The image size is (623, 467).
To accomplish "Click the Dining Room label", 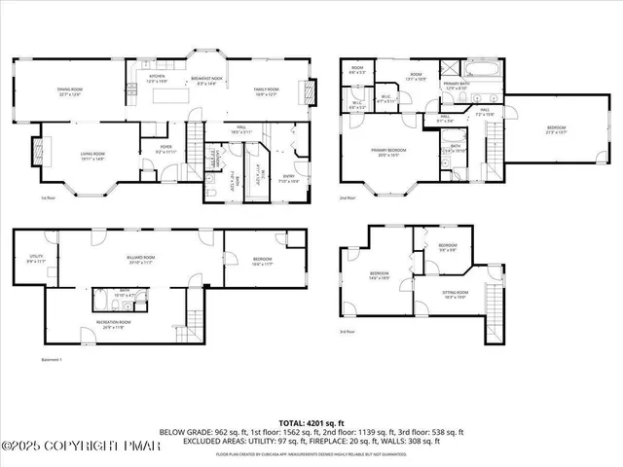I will (x=67, y=91).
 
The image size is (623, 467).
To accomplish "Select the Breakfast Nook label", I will (x=206, y=81).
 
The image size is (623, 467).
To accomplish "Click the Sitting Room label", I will (x=456, y=294).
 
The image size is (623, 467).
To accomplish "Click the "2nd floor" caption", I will (x=347, y=198).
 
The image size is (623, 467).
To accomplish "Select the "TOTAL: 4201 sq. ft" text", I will (x=311, y=422).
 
